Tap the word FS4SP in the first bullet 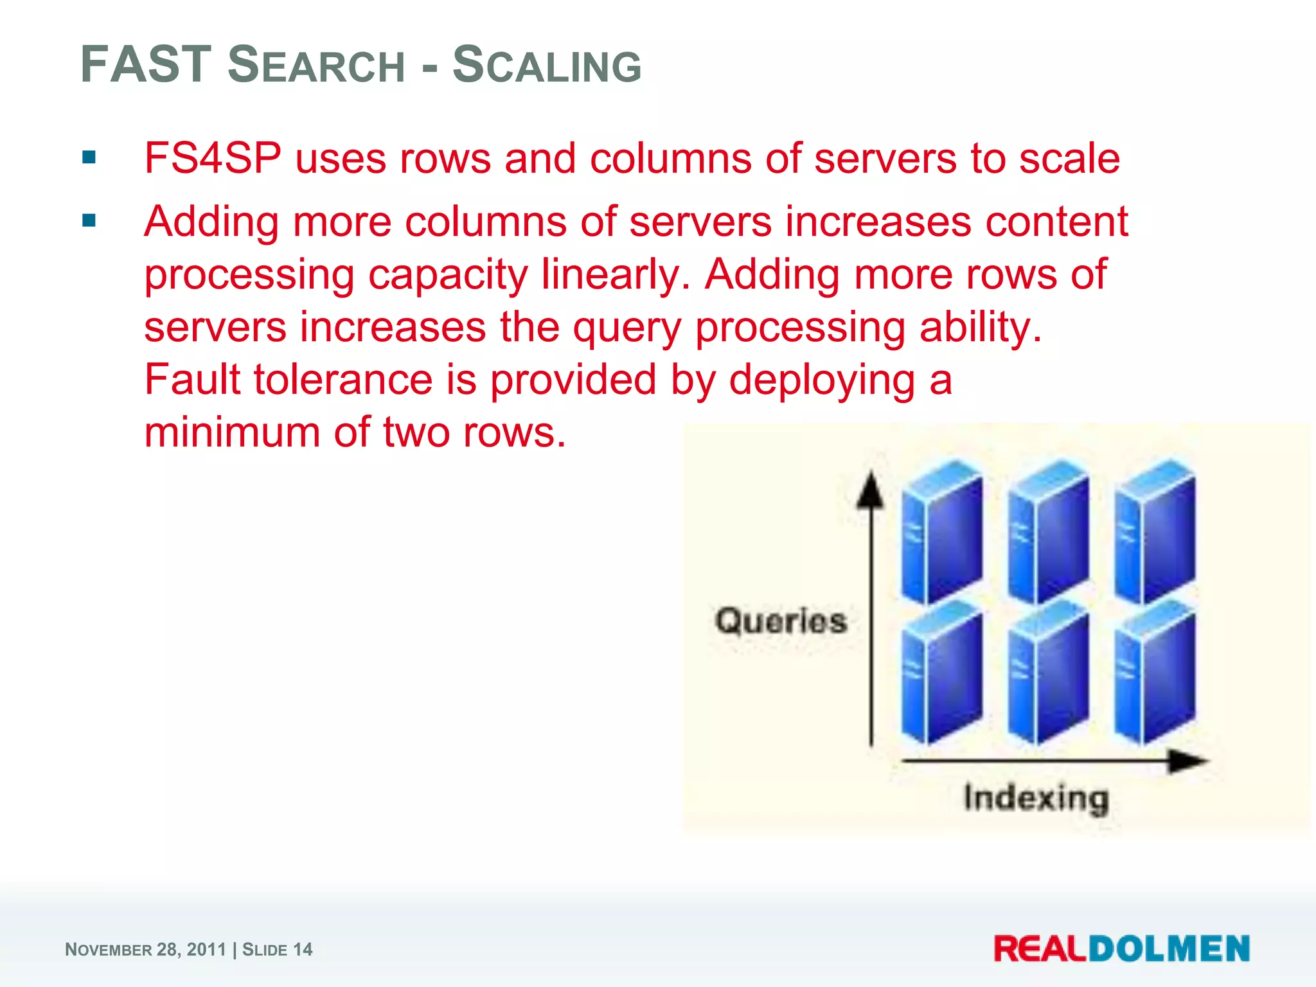pos(213,158)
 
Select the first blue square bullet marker pos(89,157)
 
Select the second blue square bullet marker pos(89,221)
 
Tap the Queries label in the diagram pos(781,621)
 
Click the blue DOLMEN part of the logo pos(1169,949)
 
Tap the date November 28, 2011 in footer pos(146,950)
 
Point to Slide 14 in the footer pos(277,950)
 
